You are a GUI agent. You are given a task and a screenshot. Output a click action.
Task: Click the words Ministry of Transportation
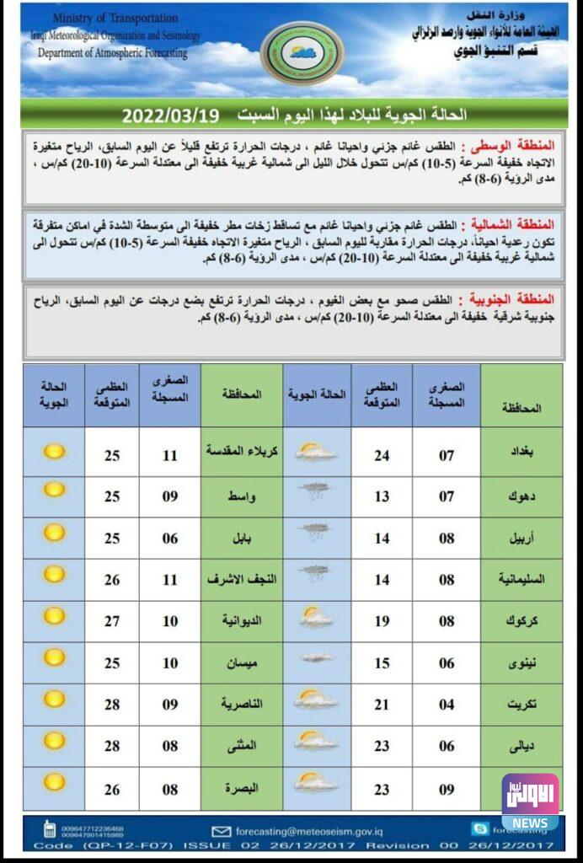point(115,18)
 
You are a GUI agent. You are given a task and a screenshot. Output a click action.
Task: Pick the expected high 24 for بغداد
point(382,455)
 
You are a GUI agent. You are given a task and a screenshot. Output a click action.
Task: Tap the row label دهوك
point(522,496)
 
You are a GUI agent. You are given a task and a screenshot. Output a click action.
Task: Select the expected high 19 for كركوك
point(382,621)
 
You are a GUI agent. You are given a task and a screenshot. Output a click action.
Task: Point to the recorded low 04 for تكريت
point(447,705)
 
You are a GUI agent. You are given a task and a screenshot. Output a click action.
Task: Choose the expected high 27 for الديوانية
point(111,621)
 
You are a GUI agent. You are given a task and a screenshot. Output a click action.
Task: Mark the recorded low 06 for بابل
point(170,539)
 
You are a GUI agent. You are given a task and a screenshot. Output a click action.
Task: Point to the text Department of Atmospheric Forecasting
point(113,52)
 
